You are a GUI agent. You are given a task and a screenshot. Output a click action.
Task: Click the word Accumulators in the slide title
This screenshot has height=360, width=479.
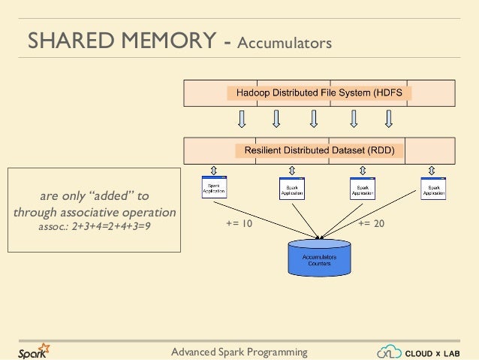pyautogui.click(x=285, y=44)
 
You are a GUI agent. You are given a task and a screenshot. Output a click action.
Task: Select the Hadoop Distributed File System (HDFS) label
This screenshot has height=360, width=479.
pyautogui.click(x=319, y=93)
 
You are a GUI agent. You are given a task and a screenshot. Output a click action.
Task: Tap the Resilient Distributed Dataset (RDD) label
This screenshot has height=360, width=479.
pyautogui.click(x=320, y=150)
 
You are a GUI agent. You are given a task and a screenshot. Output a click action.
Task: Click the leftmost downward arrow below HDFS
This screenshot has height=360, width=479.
pyautogui.click(x=242, y=119)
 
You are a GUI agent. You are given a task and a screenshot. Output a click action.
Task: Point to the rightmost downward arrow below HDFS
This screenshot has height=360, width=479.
pyautogui.click(x=389, y=119)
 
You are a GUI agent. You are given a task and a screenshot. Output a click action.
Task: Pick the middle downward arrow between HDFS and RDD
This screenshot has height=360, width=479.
pyautogui.click(x=314, y=119)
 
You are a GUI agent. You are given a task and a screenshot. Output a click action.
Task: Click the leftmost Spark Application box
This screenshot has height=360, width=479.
pyautogui.click(x=214, y=187)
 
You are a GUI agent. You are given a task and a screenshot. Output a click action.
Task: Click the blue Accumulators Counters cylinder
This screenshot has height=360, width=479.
pyautogui.click(x=319, y=258)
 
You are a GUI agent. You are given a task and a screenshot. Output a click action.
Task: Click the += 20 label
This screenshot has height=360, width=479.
pyautogui.click(x=371, y=223)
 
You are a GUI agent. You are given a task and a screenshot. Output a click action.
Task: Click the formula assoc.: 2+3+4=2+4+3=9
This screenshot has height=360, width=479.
pyautogui.click(x=95, y=225)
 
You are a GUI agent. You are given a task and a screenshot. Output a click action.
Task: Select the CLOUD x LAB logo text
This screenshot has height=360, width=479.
pyautogui.click(x=438, y=352)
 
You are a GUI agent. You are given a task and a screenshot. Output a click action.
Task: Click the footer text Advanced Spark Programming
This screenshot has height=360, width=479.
pyautogui.click(x=239, y=352)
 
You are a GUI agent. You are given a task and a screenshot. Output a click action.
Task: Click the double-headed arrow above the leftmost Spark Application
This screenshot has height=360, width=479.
pyautogui.click(x=214, y=169)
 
